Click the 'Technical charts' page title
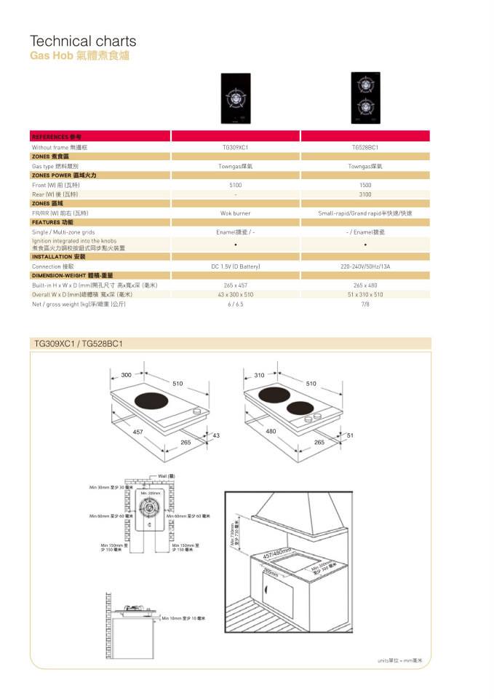(x=82, y=42)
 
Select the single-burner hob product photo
(x=235, y=99)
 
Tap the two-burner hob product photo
(x=365, y=98)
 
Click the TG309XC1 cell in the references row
(x=235, y=148)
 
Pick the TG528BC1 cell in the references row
(x=365, y=148)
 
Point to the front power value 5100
(x=235, y=186)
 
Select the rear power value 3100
(x=365, y=194)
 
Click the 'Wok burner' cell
(x=235, y=213)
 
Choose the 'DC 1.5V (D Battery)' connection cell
(x=235, y=266)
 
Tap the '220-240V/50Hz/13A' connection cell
(x=365, y=266)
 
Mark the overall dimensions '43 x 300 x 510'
(x=235, y=294)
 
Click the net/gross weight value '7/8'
(x=365, y=304)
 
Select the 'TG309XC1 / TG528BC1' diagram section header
(x=79, y=343)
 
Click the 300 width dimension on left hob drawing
(x=127, y=375)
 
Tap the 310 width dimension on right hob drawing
(x=259, y=375)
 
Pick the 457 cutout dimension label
(x=138, y=432)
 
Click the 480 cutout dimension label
(x=271, y=432)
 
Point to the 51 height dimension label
(x=349, y=435)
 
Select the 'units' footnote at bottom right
(x=399, y=660)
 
